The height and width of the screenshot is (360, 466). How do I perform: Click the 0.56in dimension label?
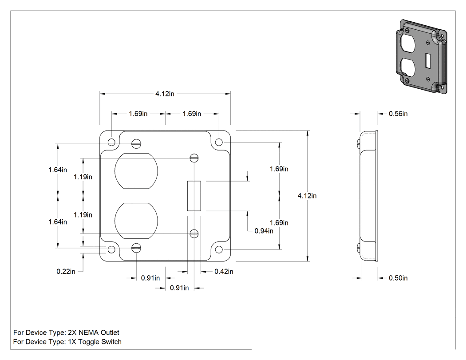pyautogui.click(x=398, y=114)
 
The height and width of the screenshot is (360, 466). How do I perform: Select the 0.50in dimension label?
pyautogui.click(x=398, y=278)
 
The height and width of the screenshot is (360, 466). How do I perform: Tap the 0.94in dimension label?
pyautogui.click(x=264, y=231)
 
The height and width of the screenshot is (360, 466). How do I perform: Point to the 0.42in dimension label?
pyautogui.click(x=224, y=271)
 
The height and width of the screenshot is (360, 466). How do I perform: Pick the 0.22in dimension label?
pyautogui.click(x=66, y=271)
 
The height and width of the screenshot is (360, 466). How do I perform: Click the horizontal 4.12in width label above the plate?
pyautogui.click(x=165, y=94)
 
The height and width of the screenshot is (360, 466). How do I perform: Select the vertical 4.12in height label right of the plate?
pyautogui.click(x=307, y=196)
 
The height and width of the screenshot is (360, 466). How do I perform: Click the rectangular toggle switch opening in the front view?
pyautogui.click(x=194, y=196)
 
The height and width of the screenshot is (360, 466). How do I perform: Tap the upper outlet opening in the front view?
pyautogui.click(x=136, y=171)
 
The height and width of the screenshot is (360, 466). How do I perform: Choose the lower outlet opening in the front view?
pyautogui.click(x=136, y=221)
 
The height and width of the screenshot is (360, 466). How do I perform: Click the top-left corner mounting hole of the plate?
pyautogui.click(x=111, y=142)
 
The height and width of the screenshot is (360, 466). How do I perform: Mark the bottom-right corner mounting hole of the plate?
pyautogui.click(x=219, y=249)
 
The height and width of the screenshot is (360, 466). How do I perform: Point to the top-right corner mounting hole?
pyautogui.click(x=219, y=142)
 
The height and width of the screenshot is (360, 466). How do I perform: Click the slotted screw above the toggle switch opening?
pyautogui.click(x=194, y=158)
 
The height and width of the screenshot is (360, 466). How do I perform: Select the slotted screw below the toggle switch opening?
pyautogui.click(x=194, y=233)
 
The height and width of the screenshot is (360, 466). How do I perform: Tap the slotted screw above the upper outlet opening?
pyautogui.click(x=136, y=144)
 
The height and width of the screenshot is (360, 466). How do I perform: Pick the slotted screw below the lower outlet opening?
pyautogui.click(x=136, y=248)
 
